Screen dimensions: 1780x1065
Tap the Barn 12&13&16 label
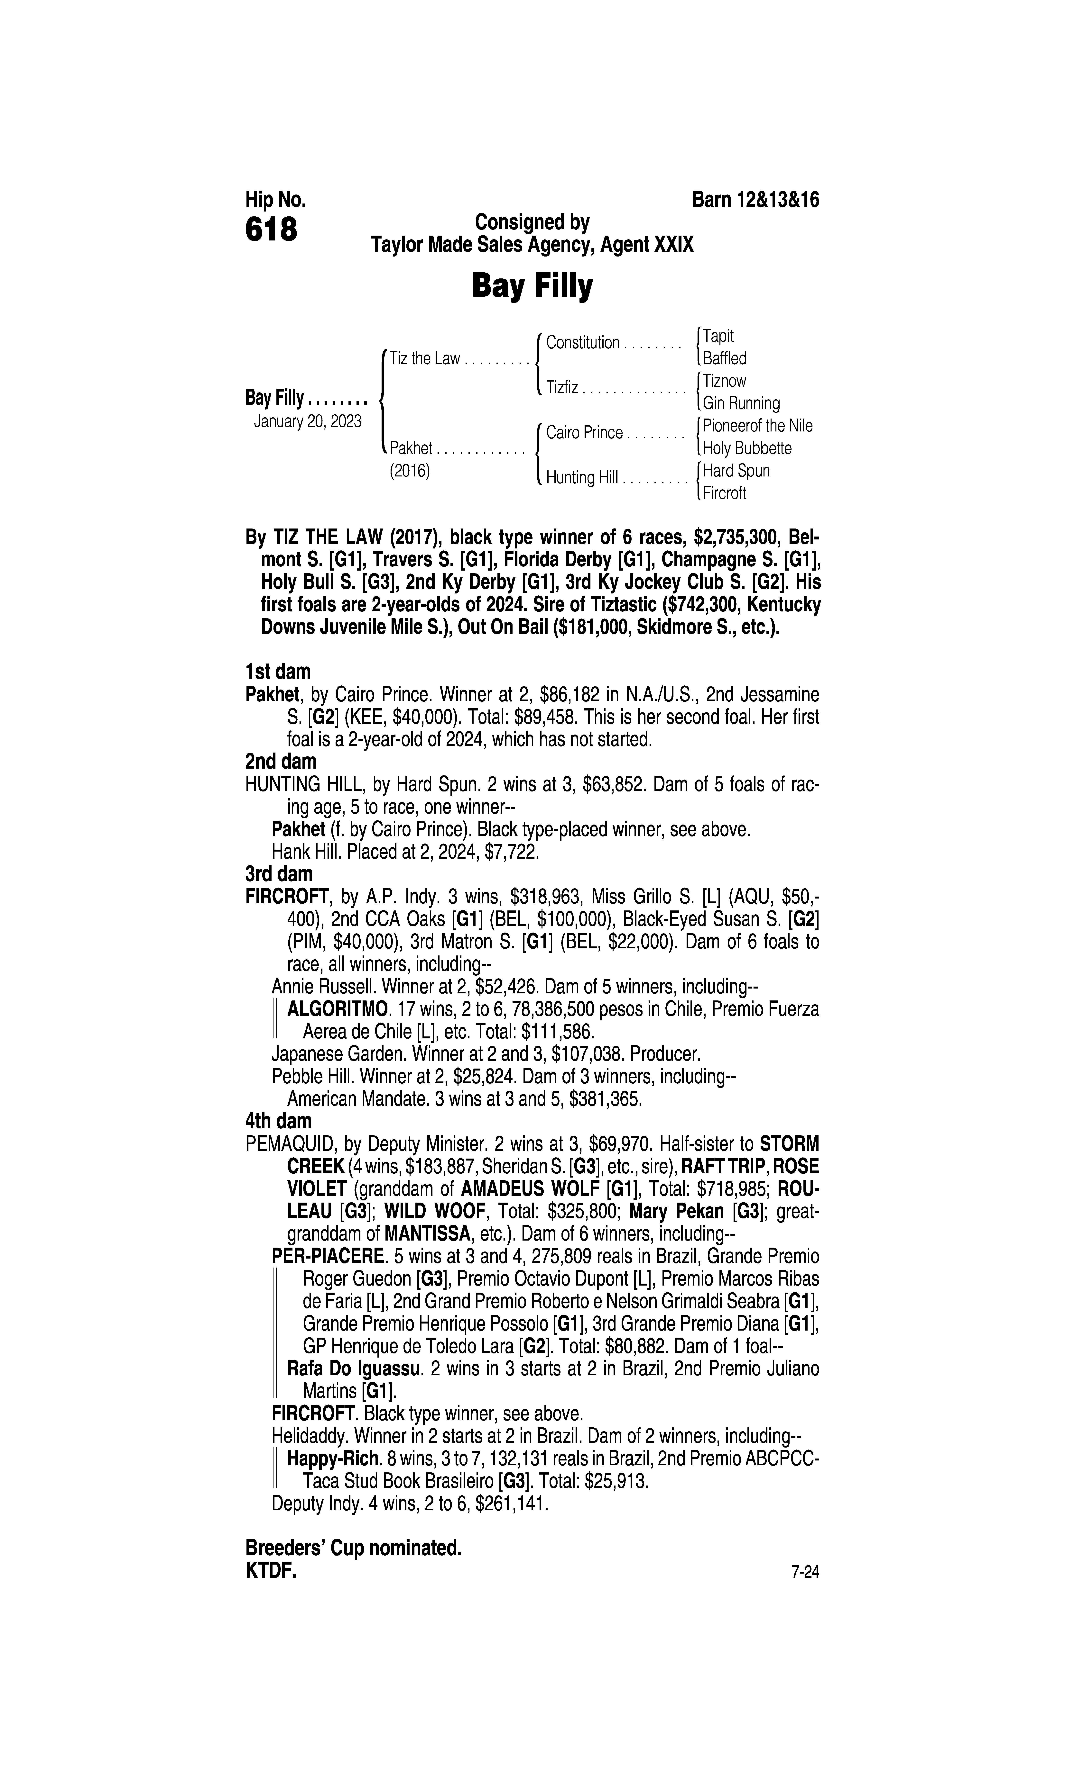point(755,200)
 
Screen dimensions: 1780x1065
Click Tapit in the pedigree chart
point(718,336)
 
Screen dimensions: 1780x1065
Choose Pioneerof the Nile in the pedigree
point(758,426)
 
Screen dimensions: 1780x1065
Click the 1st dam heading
point(278,672)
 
